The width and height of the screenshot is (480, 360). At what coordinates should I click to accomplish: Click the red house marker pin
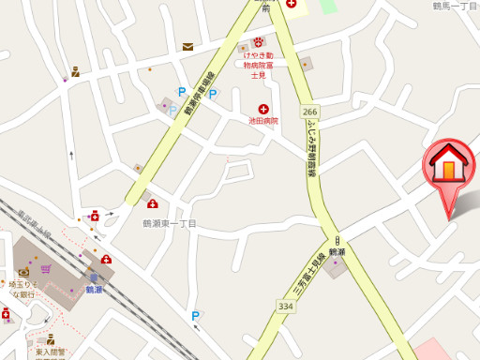tap(450, 169)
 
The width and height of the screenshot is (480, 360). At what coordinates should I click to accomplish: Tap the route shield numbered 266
tap(310, 112)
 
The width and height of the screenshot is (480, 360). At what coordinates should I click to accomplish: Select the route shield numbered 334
tap(285, 306)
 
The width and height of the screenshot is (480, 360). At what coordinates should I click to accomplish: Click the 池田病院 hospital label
tap(263, 121)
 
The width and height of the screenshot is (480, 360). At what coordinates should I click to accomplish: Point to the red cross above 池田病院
tap(263, 109)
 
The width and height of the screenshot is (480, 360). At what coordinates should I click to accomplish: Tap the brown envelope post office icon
tap(188, 46)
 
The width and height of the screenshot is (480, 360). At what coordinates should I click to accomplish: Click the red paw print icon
tap(258, 42)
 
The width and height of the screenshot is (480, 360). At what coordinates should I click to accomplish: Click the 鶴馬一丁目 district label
tap(456, 7)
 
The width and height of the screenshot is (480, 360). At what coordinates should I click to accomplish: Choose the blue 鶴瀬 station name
tap(94, 290)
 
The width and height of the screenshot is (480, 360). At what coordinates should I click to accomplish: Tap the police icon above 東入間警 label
tap(50, 341)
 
